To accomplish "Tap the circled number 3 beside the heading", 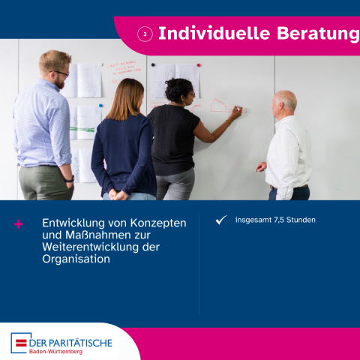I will [145, 34].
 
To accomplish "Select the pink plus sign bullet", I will [19, 223].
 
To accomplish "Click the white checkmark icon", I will [220, 220].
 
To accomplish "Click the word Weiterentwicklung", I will [91, 247].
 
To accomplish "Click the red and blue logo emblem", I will [19, 343].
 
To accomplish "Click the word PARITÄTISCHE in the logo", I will [80, 341].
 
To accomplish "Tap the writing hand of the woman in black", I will [236, 113].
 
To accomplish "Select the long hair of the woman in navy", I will [127, 100].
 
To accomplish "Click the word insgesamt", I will [252, 220].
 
